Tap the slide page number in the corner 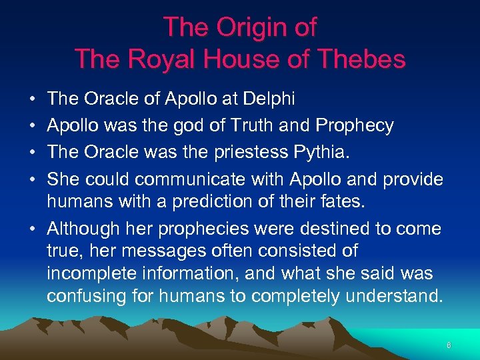(x=449, y=345)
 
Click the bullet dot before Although (x=33, y=229)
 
